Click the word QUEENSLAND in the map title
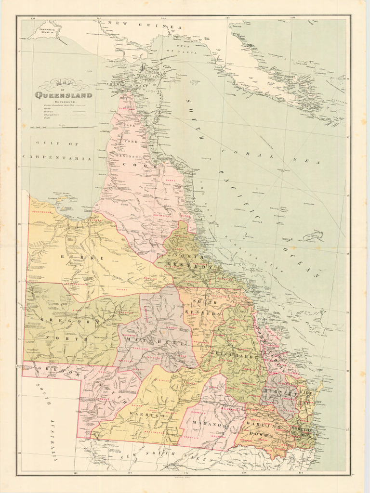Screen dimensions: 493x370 tap(64, 95)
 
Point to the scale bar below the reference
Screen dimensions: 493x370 tap(62, 128)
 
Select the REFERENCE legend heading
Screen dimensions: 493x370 tap(64, 102)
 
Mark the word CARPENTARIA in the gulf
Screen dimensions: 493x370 tap(56, 158)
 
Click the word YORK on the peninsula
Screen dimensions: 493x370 tap(132, 142)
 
